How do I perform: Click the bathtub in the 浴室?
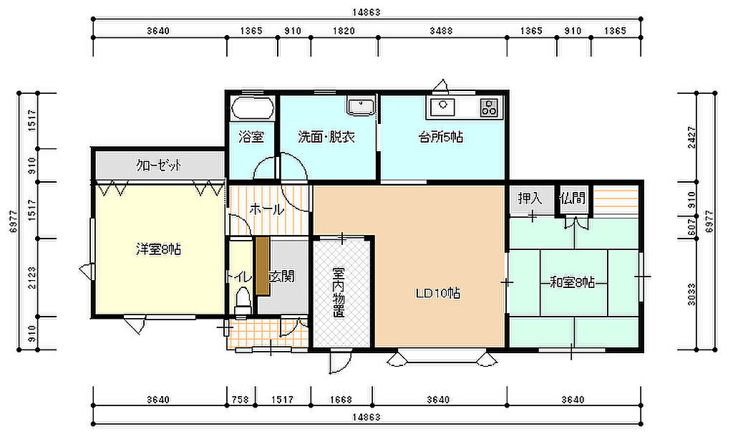click(253, 108)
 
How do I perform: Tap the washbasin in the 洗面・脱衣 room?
click(361, 106)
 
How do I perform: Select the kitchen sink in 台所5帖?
click(442, 107)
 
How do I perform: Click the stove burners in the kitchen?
click(490, 107)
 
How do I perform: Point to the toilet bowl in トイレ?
click(242, 301)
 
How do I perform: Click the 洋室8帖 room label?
click(158, 249)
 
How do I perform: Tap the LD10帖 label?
click(438, 293)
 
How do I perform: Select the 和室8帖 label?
click(572, 282)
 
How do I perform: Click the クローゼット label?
click(158, 165)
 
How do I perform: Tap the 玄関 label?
click(282, 276)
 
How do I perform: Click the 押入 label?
click(530, 198)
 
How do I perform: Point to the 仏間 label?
click(572, 198)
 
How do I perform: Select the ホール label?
click(266, 209)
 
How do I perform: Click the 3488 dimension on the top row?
click(441, 31)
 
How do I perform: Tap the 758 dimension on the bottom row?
click(241, 400)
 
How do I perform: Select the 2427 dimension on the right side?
click(692, 138)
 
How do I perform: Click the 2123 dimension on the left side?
click(31, 277)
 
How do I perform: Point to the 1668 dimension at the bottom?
click(340, 400)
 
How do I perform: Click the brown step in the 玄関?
click(262, 266)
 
